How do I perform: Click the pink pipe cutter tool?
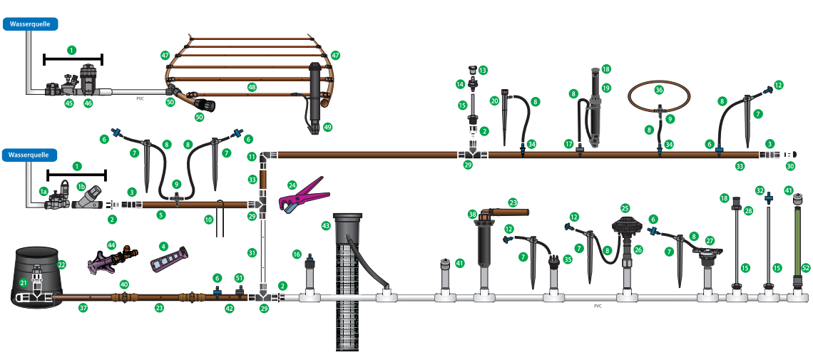click(303, 196)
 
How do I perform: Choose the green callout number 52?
click(805, 268)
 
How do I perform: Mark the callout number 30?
click(789, 167)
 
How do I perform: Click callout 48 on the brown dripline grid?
click(252, 88)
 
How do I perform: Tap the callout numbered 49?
click(327, 127)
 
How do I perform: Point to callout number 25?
click(625, 208)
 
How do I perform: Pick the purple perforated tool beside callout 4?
click(170, 257)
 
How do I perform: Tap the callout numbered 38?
click(472, 213)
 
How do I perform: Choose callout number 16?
click(297, 254)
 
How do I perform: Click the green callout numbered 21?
click(23, 282)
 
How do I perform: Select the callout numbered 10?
click(208, 220)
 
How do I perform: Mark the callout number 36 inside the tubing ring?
click(659, 90)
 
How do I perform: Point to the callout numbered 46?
click(88, 103)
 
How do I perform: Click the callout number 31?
click(252, 253)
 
